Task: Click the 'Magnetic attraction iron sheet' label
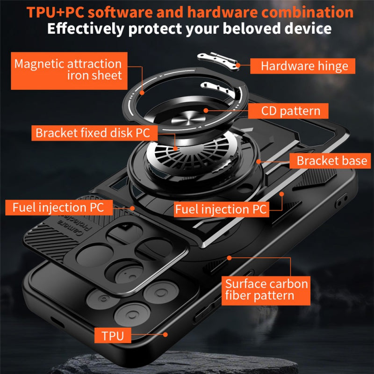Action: (68, 69)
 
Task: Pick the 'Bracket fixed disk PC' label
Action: (93, 133)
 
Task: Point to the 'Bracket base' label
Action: (331, 161)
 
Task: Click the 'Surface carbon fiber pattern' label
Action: (266, 289)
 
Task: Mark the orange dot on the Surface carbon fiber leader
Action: (229, 257)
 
